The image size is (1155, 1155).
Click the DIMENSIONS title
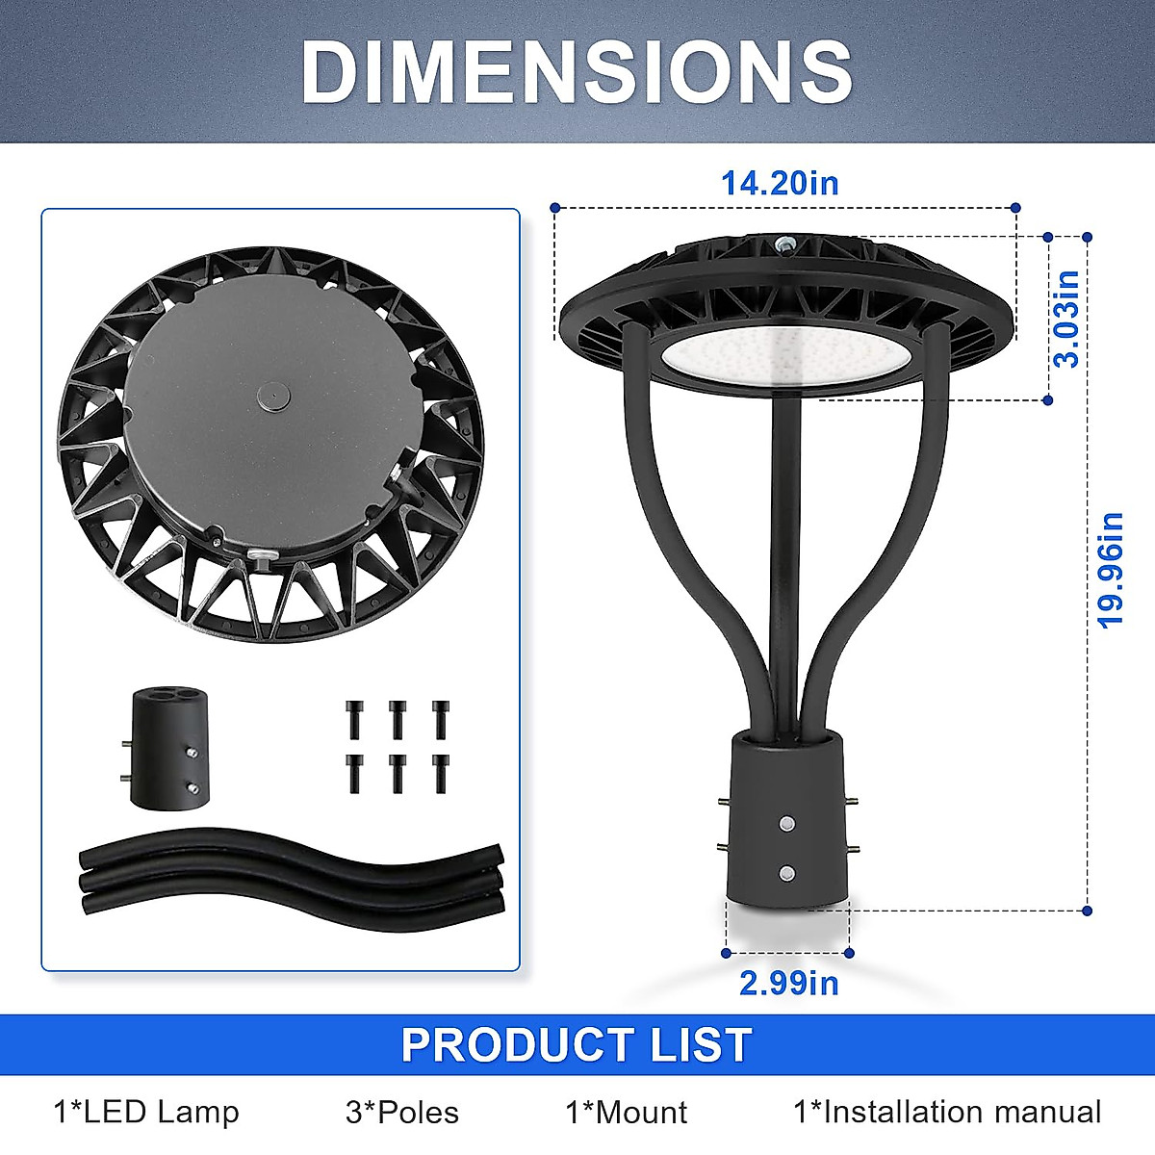(577, 73)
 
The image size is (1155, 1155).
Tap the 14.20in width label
(780, 184)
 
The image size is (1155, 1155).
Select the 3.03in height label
(1066, 319)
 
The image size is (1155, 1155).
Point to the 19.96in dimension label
(1110, 571)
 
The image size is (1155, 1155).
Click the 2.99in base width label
(789, 984)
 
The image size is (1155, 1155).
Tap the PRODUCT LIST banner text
(577, 1044)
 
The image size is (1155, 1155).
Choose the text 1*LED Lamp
(146, 1113)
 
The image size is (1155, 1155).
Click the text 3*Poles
(402, 1113)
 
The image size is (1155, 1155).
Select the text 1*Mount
(627, 1113)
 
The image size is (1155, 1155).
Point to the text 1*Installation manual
(948, 1113)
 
